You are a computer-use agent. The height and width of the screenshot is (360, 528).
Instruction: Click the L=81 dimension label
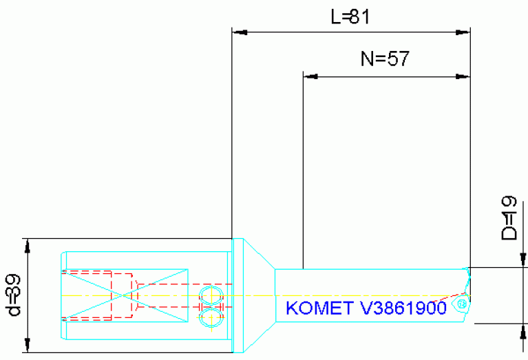point(350,17)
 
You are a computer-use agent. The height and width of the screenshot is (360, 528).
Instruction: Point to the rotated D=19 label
point(509,218)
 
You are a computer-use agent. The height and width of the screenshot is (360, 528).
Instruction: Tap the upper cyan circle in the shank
point(211,295)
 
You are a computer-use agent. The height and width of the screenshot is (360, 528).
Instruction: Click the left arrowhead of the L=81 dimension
point(238,32)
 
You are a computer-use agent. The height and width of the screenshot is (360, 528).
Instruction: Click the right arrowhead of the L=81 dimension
point(464,32)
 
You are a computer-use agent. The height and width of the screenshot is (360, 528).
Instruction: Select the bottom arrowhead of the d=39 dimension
point(28,347)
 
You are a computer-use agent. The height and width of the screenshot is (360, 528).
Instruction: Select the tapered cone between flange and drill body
point(260,295)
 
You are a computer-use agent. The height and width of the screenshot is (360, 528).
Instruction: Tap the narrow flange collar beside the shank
point(238,295)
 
